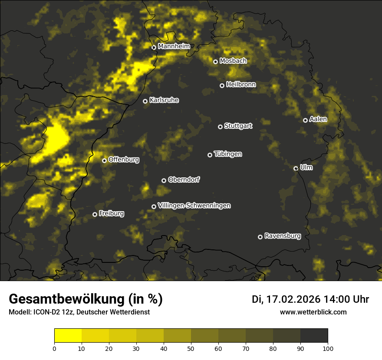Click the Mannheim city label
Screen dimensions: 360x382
pos(174,46)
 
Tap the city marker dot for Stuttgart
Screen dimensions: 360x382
pos(221,127)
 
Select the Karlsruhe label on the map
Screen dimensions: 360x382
pos(164,100)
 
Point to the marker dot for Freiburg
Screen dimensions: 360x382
pos(95,214)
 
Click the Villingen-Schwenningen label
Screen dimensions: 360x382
pos(194,206)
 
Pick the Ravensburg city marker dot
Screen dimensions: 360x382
pos(260,237)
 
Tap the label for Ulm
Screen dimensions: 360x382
pos(306,167)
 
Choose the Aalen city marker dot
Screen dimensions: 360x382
pos(306,120)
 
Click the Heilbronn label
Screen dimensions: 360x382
pos(241,85)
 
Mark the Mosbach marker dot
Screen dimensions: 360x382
pos(215,62)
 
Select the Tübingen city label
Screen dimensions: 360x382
pos(228,154)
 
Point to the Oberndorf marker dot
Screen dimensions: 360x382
pos(164,180)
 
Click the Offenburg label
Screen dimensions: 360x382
pos(124,160)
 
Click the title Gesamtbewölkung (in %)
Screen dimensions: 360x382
pos(86,299)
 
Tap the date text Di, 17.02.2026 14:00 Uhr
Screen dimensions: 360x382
pos(310,299)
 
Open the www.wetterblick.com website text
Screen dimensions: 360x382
pos(313,312)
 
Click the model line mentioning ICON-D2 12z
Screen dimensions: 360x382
pos(79,312)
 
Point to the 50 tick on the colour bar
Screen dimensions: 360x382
pos(191,348)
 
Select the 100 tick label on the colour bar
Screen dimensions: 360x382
pos(328,348)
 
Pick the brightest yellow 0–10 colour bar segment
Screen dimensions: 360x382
pos(68,336)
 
